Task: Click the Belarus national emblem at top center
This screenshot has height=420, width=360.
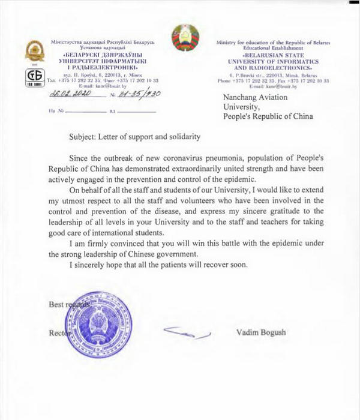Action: (184, 40)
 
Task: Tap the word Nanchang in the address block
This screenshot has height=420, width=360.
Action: (243, 97)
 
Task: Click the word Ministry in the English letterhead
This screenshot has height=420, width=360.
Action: (230, 39)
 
